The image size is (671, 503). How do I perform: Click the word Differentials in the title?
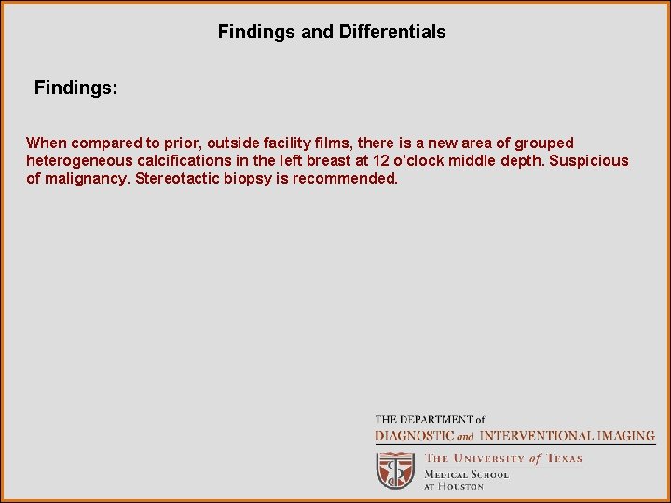pyautogui.click(x=391, y=33)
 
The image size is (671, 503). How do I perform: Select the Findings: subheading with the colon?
pyautogui.click(x=76, y=88)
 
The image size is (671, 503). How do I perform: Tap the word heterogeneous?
pyautogui.click(x=76, y=161)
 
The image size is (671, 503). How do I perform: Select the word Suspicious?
pyautogui.click(x=589, y=161)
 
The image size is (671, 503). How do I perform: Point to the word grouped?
pyautogui.click(x=544, y=143)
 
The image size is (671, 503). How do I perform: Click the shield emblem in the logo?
pyautogui.click(x=394, y=471)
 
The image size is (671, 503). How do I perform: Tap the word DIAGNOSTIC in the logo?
pyautogui.click(x=415, y=436)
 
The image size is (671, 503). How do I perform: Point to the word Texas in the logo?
pyautogui.click(x=564, y=458)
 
